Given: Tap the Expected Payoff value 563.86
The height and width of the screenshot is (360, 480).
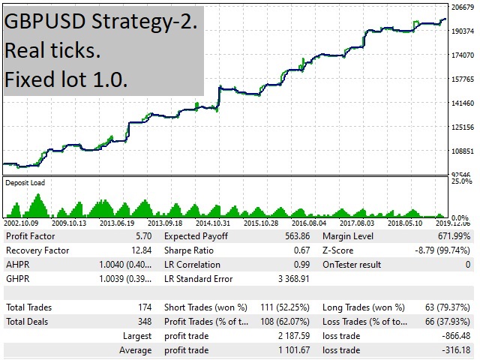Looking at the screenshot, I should point(294,235).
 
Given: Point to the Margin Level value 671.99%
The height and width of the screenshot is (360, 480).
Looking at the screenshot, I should point(449,235).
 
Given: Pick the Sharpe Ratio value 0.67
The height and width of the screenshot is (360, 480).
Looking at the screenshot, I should point(299,250).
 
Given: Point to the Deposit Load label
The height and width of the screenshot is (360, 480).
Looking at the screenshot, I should point(25,182).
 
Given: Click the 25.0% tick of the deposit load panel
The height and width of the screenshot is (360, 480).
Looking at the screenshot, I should point(460,181).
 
